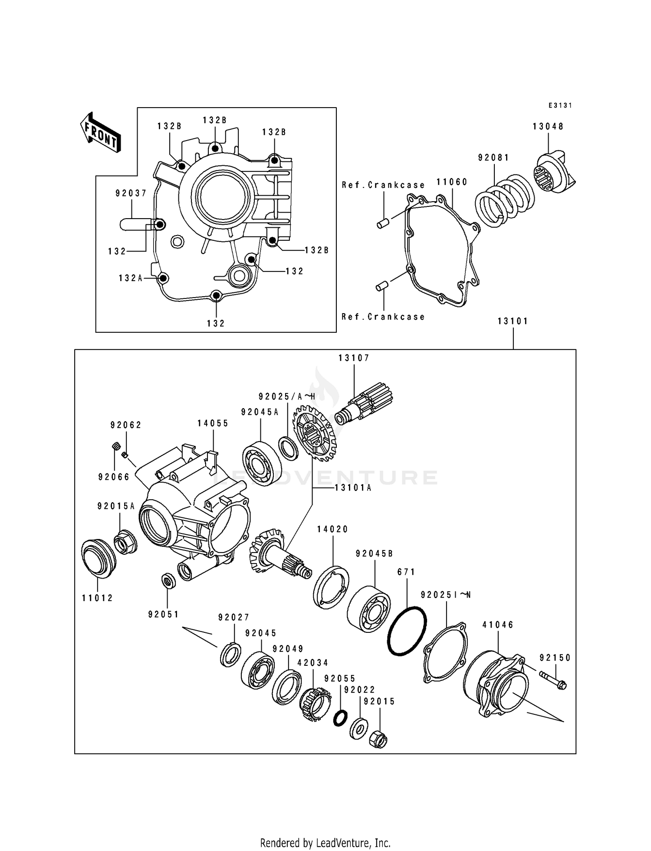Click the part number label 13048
(x=548, y=126)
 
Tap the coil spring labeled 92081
(x=505, y=200)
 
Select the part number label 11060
(x=452, y=182)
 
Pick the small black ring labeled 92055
(x=340, y=718)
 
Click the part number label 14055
(x=213, y=423)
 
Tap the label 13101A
(x=353, y=488)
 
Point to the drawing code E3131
(x=560, y=105)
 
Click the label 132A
(x=131, y=278)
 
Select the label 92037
(x=131, y=193)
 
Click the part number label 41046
(x=498, y=625)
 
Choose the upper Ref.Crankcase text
(x=383, y=185)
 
